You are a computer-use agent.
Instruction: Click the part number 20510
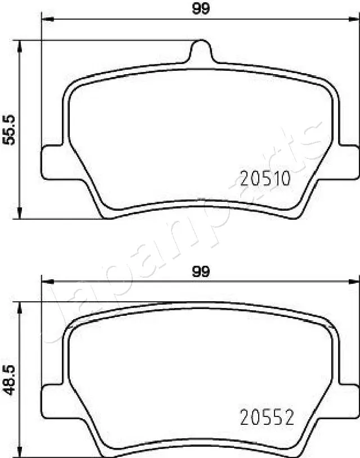265,179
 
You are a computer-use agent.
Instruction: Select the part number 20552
267,418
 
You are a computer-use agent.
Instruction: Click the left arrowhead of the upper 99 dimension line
46,19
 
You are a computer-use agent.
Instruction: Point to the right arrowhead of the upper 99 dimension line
354,19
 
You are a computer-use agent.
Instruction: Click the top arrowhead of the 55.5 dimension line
20,46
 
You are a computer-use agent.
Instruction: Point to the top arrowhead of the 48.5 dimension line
20,307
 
